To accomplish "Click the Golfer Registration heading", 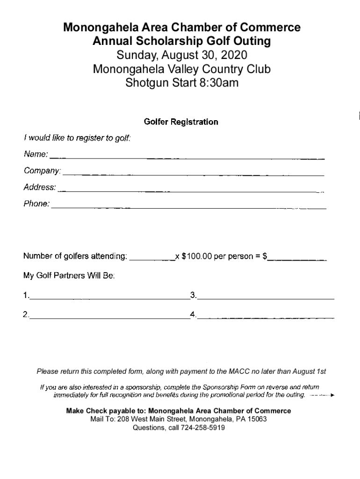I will [181, 122].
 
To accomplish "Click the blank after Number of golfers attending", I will [151, 258].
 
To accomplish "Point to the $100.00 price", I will [196, 256].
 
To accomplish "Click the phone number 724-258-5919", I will [202, 428].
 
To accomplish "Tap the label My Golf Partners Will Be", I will [69, 276].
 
